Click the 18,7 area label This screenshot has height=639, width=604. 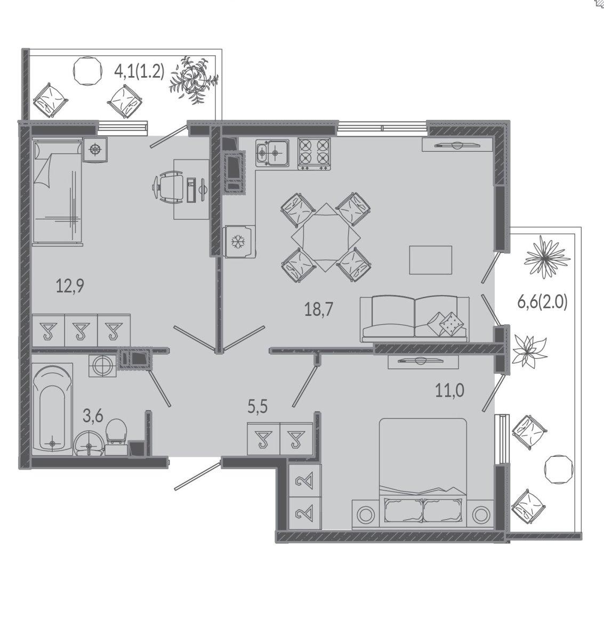pos(318,309)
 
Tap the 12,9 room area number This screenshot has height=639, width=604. pos(70,286)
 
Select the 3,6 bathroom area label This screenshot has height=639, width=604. pos(93,416)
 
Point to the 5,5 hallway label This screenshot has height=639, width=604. pos(257,407)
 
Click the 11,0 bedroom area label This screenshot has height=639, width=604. pos(449,391)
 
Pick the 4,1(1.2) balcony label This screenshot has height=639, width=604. pos(140,71)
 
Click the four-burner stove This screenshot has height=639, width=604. pos(314,154)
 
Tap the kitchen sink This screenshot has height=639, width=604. pos(272,153)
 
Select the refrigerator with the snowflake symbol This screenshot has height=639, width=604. pos(240,241)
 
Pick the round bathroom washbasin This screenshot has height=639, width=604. pos(89,444)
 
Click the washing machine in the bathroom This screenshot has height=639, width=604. pos(102,366)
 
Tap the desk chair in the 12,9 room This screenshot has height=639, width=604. pos(167,187)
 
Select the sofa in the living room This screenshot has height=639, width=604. pos(415,319)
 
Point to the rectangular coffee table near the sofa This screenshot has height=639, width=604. pos(430,260)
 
